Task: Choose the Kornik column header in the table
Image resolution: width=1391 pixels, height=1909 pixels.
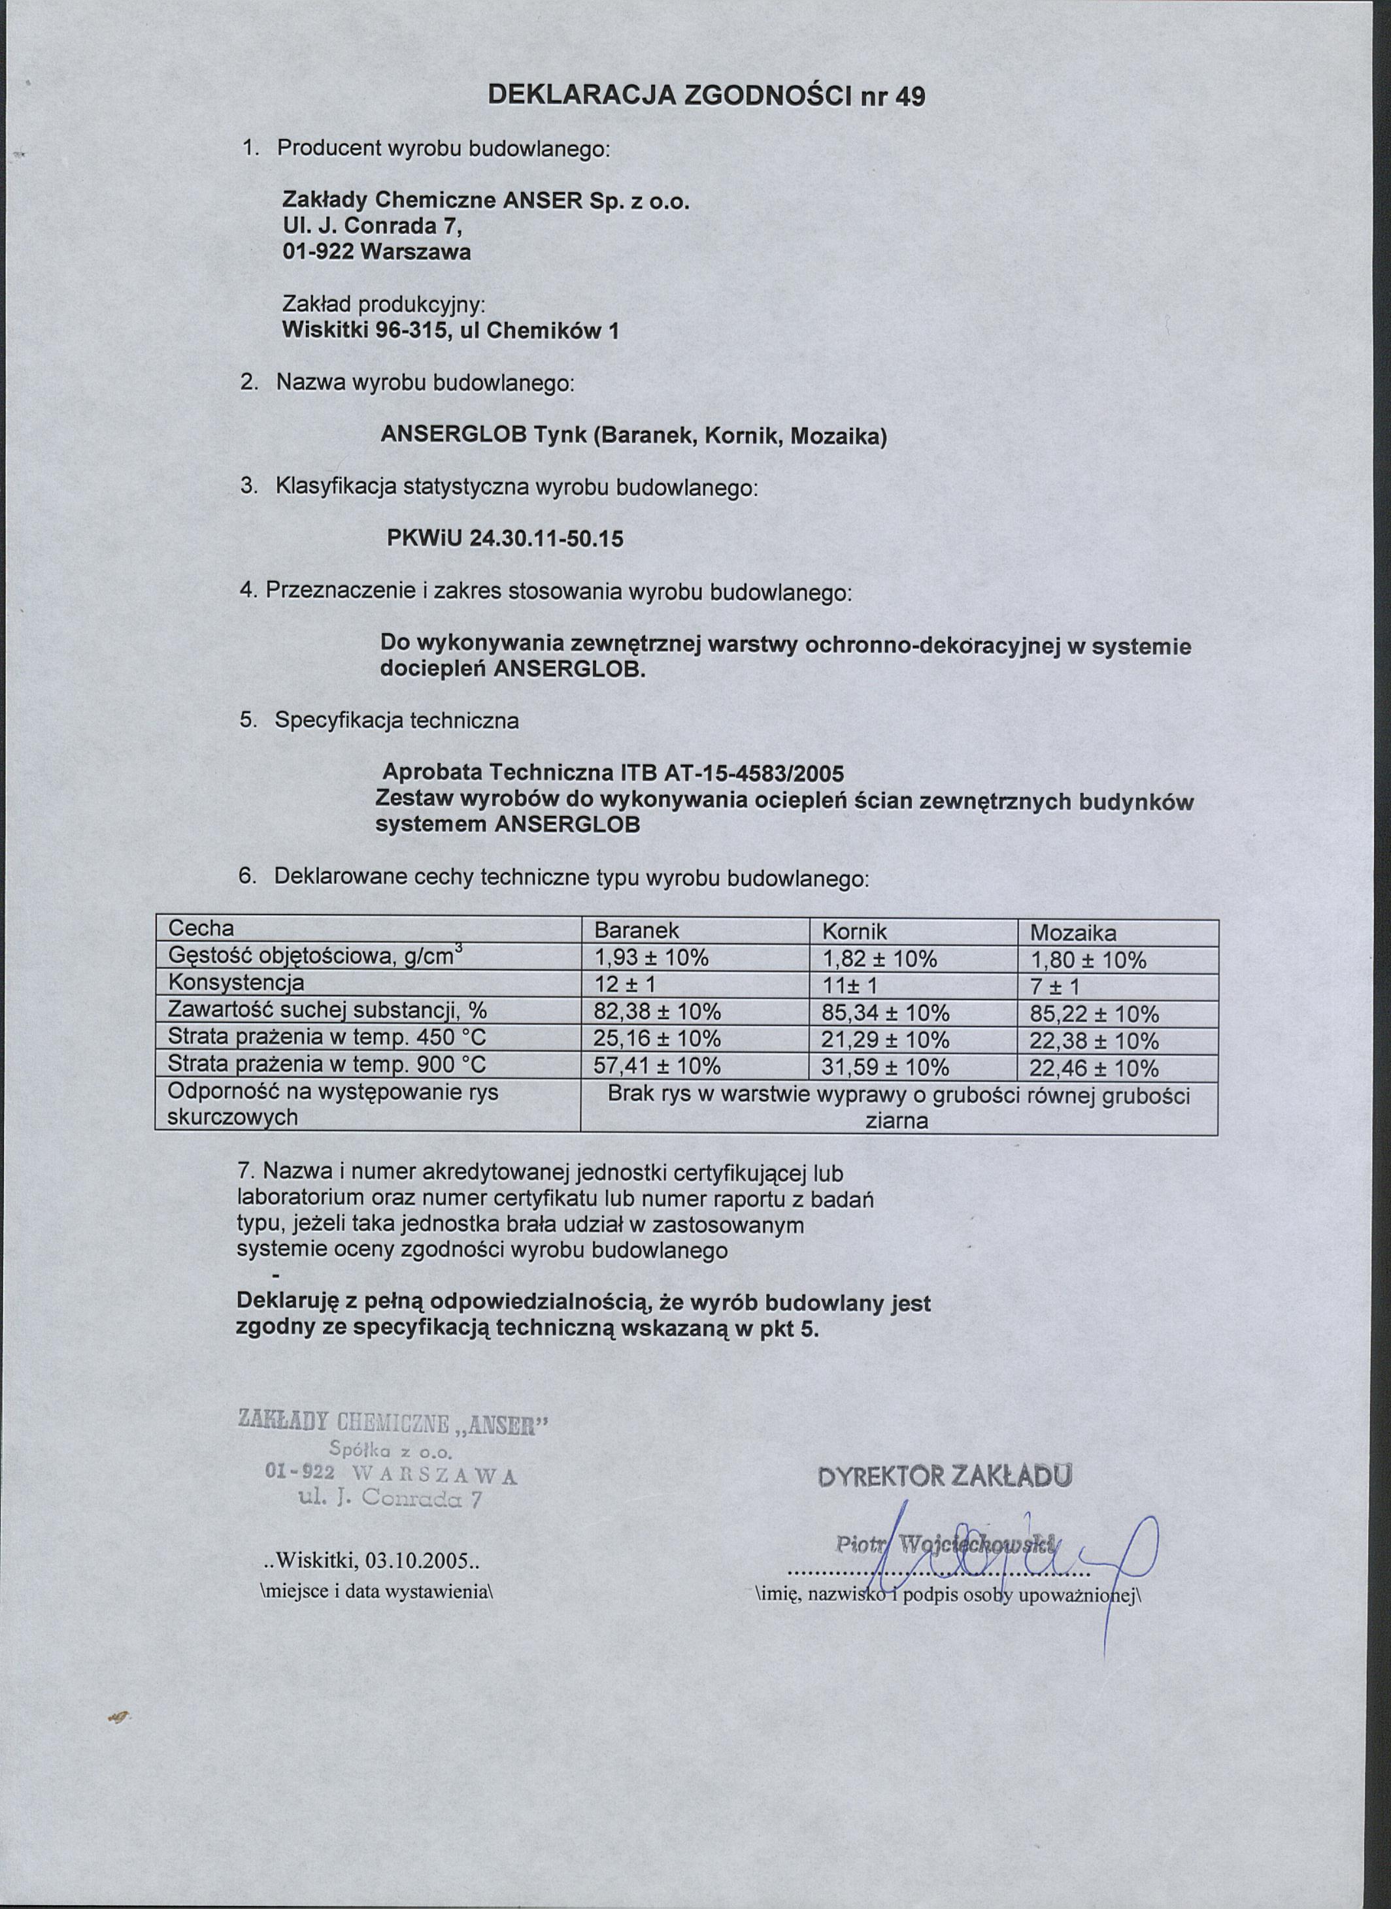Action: pos(854,931)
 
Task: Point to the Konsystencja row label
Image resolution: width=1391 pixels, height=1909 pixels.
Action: pos(236,983)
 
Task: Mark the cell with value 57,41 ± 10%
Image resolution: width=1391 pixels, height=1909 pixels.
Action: pos(657,1066)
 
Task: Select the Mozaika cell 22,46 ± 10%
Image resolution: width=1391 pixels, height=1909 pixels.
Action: pos(1094,1069)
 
